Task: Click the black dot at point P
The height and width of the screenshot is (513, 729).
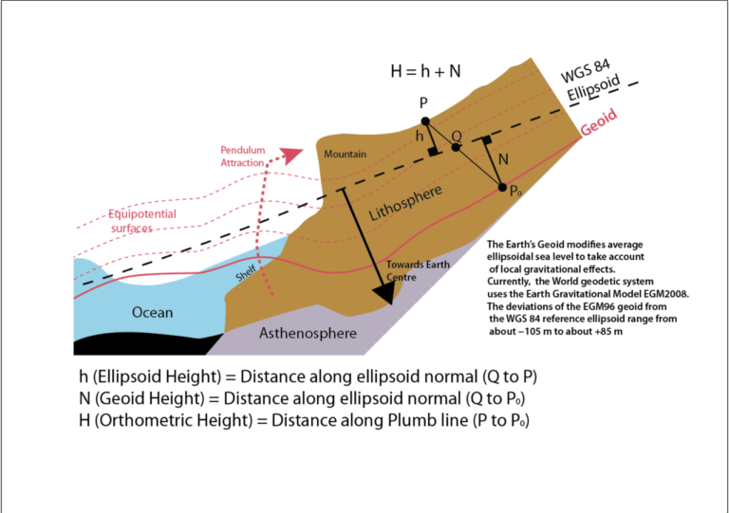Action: click(425, 121)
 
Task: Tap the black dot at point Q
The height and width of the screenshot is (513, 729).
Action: click(456, 147)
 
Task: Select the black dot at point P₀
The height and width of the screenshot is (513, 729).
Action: click(502, 188)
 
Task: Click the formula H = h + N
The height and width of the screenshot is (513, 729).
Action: click(425, 71)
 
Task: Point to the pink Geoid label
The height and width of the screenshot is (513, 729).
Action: click(599, 121)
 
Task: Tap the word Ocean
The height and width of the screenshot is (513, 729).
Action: click(153, 312)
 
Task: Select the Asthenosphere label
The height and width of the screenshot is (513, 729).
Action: click(308, 333)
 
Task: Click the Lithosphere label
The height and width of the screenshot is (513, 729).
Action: click(405, 203)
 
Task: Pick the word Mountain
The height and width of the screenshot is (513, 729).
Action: click(345, 155)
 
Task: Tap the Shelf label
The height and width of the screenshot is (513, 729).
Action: click(246, 273)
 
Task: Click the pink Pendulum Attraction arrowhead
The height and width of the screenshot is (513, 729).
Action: click(290, 156)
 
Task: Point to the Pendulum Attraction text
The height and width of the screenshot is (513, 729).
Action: click(242, 156)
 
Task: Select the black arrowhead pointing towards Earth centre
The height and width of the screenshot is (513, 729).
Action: click(384, 292)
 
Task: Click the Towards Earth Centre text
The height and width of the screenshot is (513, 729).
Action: click(418, 270)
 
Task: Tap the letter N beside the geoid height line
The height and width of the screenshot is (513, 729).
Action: click(503, 159)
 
